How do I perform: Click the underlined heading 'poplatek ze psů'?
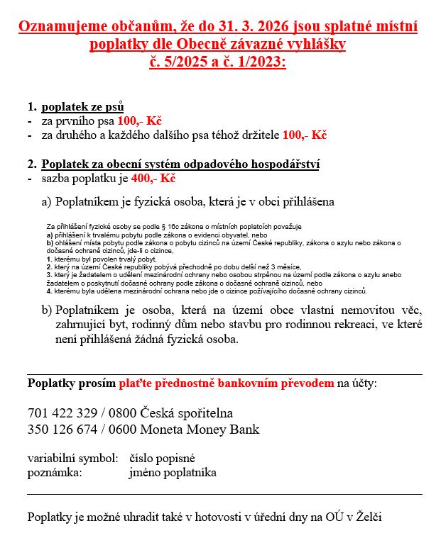click(x=83, y=107)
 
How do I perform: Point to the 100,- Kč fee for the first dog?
click(x=140, y=120)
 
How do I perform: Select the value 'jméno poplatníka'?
click(x=173, y=472)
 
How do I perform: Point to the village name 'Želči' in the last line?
click(x=376, y=517)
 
